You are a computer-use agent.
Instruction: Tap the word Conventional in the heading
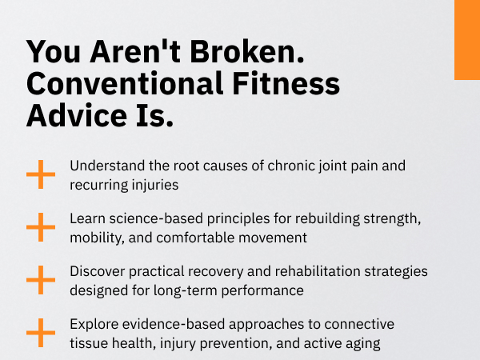click(x=124, y=83)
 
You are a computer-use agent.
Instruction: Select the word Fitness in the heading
click(x=286, y=83)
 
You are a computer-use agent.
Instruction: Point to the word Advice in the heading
click(x=77, y=115)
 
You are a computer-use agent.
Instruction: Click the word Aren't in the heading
click(x=134, y=51)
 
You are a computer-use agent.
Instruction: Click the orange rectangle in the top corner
click(x=467, y=40)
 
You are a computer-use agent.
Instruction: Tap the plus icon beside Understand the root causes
click(x=41, y=174)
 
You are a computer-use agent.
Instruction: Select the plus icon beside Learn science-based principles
click(x=41, y=227)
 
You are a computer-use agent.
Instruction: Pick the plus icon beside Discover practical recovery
click(x=41, y=280)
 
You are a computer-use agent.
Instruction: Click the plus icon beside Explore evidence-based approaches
click(x=41, y=333)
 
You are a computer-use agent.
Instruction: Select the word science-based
click(x=156, y=218)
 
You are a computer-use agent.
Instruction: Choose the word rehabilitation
click(x=318, y=271)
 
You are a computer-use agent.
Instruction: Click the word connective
click(x=359, y=324)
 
